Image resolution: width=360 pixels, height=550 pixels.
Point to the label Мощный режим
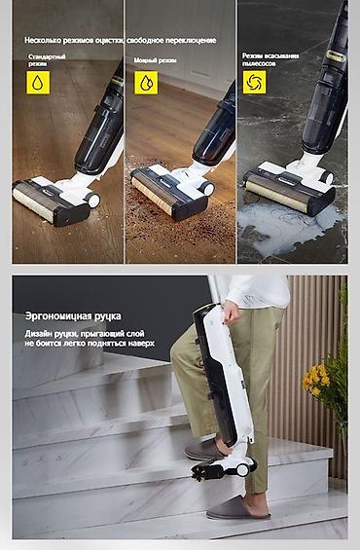pos(155,60)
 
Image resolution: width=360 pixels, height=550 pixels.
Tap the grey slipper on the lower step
pos(237,507)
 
